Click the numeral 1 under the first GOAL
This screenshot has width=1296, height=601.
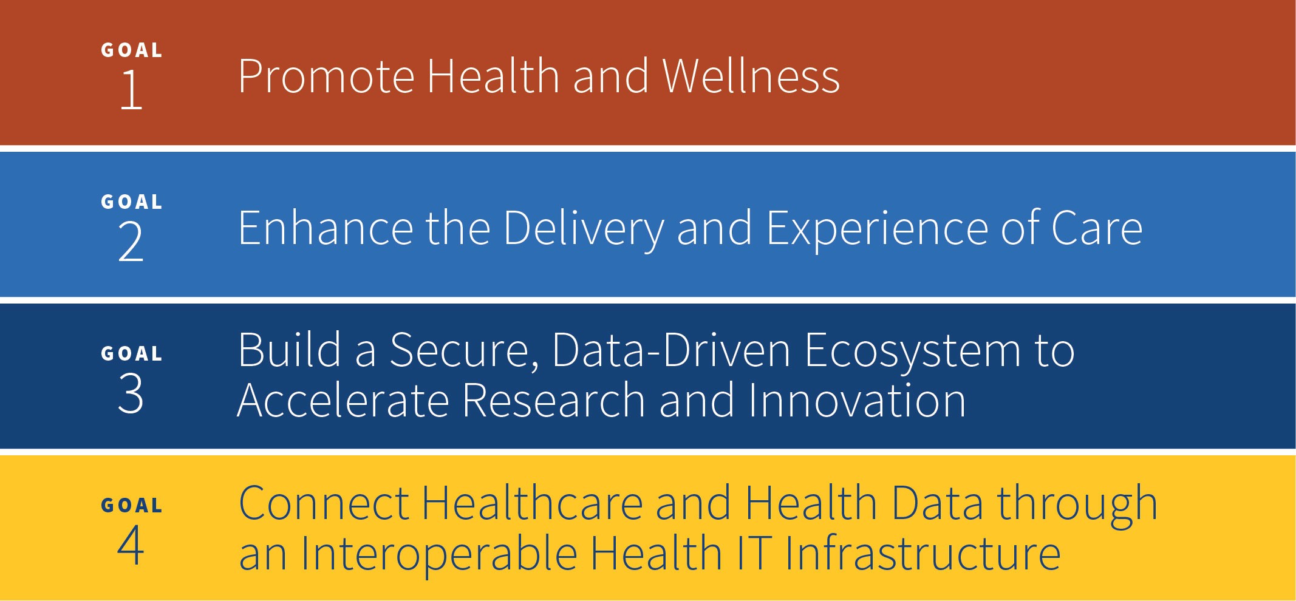pos(132,89)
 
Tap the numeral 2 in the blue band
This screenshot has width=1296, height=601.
pos(131,241)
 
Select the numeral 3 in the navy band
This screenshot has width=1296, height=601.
pos(131,393)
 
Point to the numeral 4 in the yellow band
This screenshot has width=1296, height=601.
pos(131,545)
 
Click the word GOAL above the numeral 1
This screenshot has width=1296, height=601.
pos(132,50)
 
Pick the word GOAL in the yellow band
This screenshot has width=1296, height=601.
pos(132,505)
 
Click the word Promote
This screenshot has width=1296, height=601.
pos(326,77)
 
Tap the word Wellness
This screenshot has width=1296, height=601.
pos(751,76)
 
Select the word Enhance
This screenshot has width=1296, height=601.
pos(326,228)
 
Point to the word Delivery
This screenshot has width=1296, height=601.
pos(584,231)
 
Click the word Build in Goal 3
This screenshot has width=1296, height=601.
pos(290,350)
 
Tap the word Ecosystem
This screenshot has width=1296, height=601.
pos(913,353)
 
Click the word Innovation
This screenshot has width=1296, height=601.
pos(857,400)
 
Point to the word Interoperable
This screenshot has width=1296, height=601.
pos(439,555)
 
